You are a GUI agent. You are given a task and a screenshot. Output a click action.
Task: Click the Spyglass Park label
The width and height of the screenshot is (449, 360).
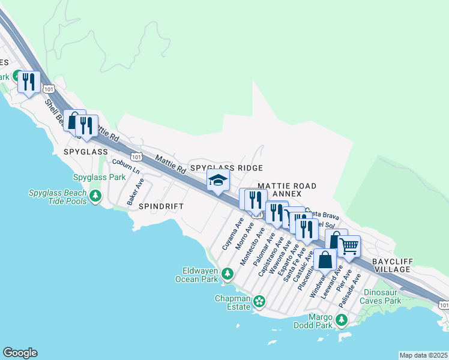point(99,178)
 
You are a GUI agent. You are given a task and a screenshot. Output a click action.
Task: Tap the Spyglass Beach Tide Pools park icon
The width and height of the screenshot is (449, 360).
point(95,196)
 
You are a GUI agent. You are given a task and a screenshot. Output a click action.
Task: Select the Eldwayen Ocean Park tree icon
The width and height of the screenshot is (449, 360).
point(227,274)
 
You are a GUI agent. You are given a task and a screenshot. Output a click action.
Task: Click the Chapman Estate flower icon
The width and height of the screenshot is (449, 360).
point(259,301)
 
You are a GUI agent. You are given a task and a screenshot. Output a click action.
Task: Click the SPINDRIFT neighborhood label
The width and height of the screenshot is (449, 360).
point(160,206)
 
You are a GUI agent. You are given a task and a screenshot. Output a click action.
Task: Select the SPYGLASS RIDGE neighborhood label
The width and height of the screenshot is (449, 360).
point(226,169)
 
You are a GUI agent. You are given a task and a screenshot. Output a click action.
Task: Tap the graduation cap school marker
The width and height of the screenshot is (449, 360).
point(218,180)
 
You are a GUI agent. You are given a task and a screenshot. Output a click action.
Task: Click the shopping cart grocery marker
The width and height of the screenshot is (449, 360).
point(349,245)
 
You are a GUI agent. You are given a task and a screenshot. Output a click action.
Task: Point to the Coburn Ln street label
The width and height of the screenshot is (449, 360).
point(125,166)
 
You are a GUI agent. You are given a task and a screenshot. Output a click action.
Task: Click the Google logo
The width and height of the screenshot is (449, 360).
point(20,353)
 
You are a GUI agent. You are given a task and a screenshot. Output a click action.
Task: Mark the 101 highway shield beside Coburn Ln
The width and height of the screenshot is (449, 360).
point(136,157)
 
